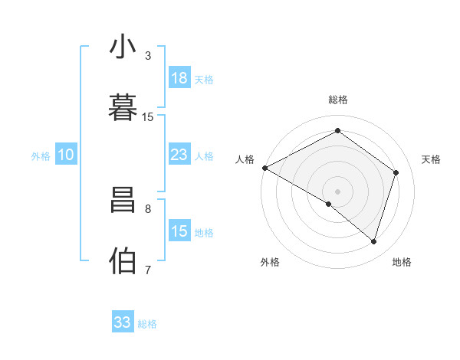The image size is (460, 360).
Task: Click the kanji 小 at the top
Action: pos(123,47)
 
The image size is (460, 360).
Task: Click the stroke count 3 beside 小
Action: pos(148,56)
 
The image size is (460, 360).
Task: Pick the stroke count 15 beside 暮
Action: pos(148,116)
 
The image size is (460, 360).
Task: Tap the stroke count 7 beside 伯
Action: pos(148,270)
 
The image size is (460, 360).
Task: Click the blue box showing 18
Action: pos(179,78)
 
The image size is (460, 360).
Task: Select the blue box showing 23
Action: pos(179,155)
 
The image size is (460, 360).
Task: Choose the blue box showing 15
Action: pos(179,231)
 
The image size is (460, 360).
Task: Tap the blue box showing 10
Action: pos(66,155)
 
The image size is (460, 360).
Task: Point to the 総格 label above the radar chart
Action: pos(337,100)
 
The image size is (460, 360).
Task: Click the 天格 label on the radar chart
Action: pos(432,159)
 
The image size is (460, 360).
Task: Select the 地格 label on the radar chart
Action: pos(402,262)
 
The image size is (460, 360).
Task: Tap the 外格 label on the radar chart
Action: pos(270,262)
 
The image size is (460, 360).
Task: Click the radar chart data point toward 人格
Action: pos(264,168)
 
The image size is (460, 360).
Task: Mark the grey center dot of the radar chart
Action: pos(337,191)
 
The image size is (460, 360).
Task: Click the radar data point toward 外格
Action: pos(329,204)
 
